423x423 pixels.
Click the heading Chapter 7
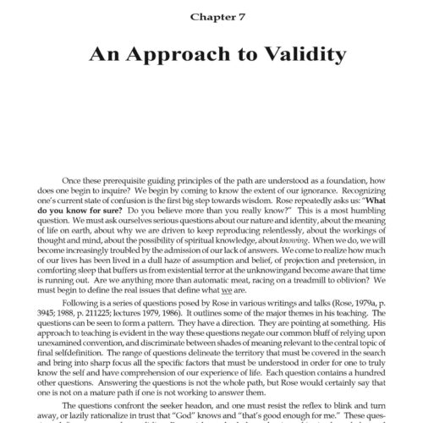[211, 15]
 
